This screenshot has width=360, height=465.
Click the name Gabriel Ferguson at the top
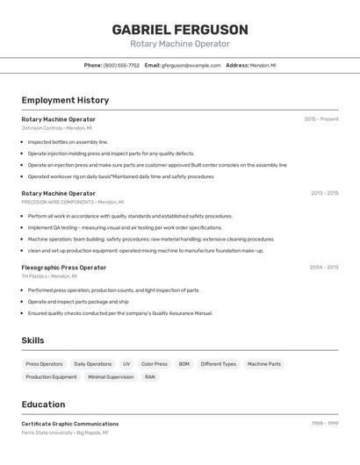tap(180, 30)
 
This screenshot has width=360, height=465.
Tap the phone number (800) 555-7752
tap(121, 65)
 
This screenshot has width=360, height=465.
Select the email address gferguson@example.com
tap(191, 65)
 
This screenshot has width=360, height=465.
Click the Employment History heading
tap(65, 100)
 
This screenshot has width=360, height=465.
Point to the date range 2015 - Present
tap(320, 119)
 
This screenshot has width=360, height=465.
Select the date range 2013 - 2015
tap(324, 193)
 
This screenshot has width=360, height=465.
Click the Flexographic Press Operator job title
tap(63, 268)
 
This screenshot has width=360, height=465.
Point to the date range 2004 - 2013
tap(323, 268)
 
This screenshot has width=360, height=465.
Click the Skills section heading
tap(32, 340)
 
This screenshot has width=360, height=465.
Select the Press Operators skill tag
tap(44, 364)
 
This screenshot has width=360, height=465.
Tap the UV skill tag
tap(126, 364)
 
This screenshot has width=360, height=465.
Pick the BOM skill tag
tap(184, 364)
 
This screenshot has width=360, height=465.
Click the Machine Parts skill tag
tap(263, 364)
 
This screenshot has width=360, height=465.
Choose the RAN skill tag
tap(150, 377)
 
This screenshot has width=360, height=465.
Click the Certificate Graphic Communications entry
tap(69, 424)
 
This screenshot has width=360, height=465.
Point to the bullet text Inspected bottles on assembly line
tap(68, 141)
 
